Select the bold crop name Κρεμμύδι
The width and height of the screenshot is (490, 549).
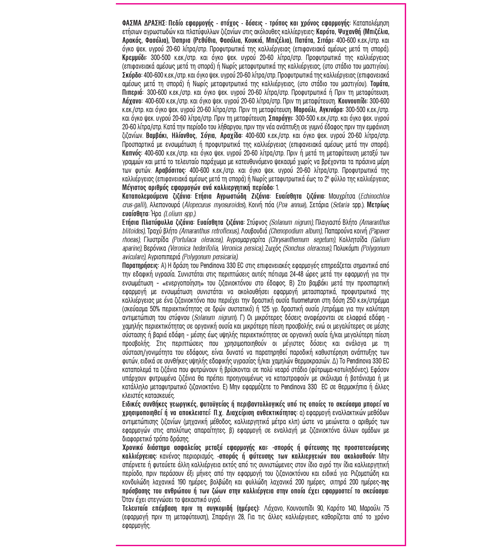[x=134, y=58]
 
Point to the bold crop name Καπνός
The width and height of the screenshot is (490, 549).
[x=132, y=153]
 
